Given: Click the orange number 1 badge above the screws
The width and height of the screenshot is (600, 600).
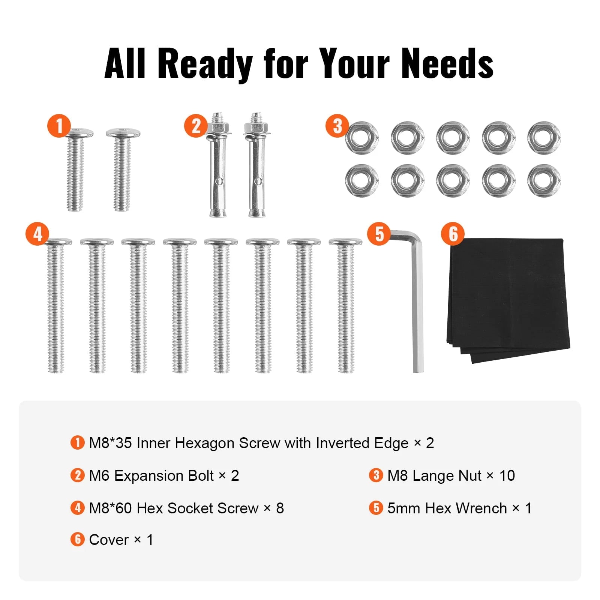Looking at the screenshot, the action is coord(59,126).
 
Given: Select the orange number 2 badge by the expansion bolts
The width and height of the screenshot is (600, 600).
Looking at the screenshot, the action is coord(196,126).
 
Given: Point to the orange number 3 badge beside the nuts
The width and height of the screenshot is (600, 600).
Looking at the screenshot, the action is coord(337,126).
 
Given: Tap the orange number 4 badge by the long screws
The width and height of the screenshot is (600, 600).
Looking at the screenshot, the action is coord(37,234).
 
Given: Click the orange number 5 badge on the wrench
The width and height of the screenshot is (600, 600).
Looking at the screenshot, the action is coord(379,234).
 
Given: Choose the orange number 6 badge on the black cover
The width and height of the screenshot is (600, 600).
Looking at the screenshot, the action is coord(453,234).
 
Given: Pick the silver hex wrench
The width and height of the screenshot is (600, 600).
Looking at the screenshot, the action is coord(417,300).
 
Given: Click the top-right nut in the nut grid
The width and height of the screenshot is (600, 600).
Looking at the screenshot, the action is coord(544,138).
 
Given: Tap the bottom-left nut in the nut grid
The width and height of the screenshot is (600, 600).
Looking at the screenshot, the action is coord(362,181).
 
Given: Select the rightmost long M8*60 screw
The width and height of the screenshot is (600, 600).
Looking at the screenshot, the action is coord(345,305).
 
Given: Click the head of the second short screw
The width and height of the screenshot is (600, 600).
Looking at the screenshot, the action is coord(123,132).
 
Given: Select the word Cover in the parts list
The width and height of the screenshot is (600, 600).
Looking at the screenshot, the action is coord(109,540).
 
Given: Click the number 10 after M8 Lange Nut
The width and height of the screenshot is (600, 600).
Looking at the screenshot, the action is coord(507,476).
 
